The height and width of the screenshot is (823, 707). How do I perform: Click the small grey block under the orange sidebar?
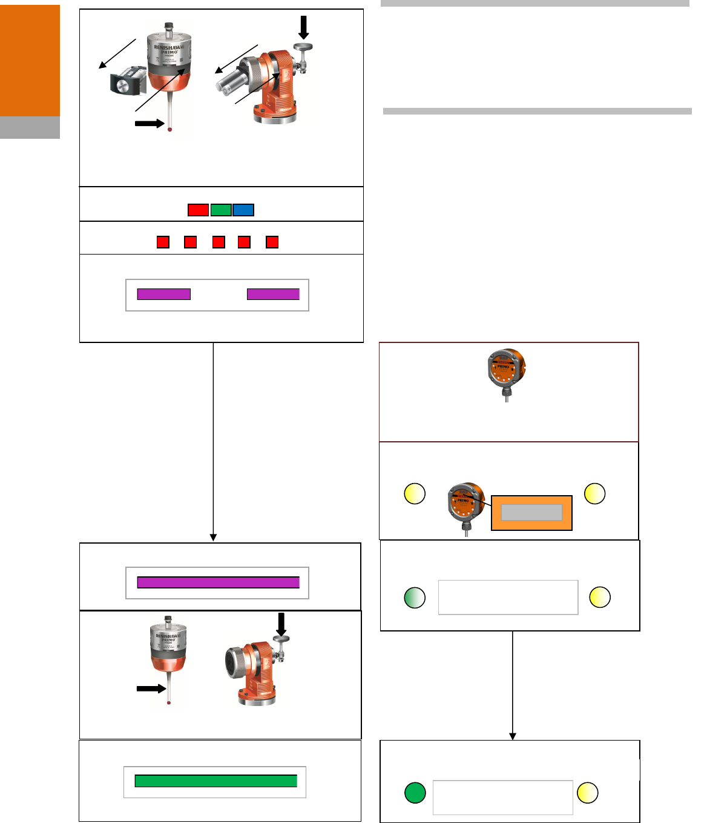[x=30, y=127]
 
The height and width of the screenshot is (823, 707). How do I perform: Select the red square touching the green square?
[x=198, y=210]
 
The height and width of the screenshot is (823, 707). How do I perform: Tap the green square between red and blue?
[x=221, y=210]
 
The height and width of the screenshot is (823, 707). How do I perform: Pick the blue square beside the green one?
[x=243, y=210]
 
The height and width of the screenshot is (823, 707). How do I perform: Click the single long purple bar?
[x=218, y=582]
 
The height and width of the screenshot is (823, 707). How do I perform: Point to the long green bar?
[x=215, y=781]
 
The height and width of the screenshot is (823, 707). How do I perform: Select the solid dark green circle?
[x=415, y=793]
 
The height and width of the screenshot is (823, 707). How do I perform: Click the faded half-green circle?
[x=415, y=598]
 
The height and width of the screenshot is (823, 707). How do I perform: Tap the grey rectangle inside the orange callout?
[x=531, y=513]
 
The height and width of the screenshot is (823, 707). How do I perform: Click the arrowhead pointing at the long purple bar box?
[x=213, y=538]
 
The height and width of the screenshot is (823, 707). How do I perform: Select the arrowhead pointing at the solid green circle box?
[x=513, y=736]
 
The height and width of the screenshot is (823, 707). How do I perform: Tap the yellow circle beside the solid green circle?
[x=587, y=793]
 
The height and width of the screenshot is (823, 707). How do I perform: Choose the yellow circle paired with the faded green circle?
[x=600, y=598]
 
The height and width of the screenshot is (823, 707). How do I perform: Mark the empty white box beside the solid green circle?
[x=502, y=797]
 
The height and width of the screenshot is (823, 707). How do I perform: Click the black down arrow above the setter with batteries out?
[x=304, y=27]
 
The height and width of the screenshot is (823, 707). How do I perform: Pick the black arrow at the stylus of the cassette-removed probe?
[x=150, y=124]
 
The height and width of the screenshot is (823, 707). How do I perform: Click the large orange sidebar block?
[x=30, y=61]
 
